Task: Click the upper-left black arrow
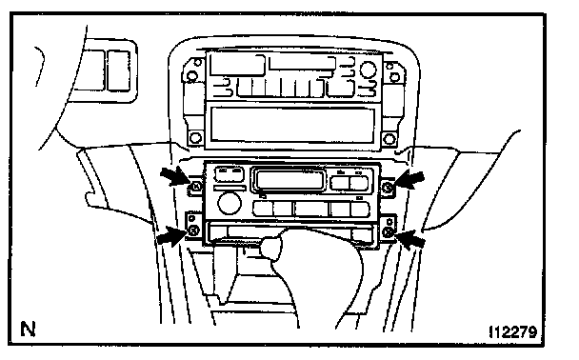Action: [175, 176]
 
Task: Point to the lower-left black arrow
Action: [172, 236]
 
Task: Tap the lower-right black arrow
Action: [410, 239]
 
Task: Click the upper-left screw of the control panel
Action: [196, 187]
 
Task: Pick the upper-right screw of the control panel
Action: [388, 188]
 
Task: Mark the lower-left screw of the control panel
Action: [193, 230]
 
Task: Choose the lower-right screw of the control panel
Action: [388, 232]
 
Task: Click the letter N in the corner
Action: [28, 329]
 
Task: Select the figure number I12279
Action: [513, 332]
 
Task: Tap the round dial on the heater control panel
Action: [230, 203]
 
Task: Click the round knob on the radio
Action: [369, 70]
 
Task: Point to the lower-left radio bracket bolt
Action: [195, 138]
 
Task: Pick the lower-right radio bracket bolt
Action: [389, 139]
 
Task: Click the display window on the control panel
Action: [289, 179]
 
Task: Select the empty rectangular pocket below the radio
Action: [292, 125]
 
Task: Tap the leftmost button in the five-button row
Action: [263, 209]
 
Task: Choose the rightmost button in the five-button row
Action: [360, 209]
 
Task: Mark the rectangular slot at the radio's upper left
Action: [237, 65]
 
